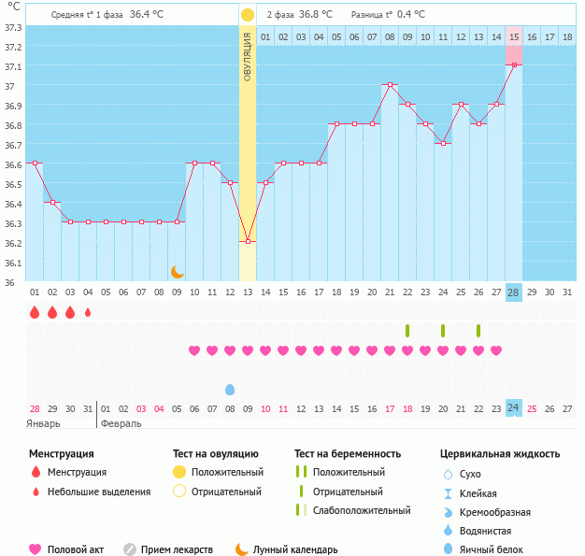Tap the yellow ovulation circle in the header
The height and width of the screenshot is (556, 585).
(x=247, y=15)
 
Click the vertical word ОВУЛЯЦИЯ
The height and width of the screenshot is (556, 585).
(x=247, y=55)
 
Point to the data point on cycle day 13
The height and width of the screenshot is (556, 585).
(x=248, y=241)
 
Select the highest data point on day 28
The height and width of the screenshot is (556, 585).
(x=514, y=64)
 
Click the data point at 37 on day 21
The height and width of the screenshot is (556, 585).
(x=390, y=84)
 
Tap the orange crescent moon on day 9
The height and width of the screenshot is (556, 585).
(x=177, y=271)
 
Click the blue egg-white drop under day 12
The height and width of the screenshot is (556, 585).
(x=230, y=389)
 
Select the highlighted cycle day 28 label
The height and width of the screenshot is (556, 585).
(x=514, y=292)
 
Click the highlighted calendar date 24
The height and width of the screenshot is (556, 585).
(x=513, y=407)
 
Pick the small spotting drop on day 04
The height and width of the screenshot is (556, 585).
(x=88, y=313)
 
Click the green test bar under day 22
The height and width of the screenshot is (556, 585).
(x=407, y=331)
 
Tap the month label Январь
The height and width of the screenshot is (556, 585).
(x=43, y=423)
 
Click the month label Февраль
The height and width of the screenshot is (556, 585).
(x=121, y=423)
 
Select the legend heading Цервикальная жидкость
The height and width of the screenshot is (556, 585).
(x=500, y=453)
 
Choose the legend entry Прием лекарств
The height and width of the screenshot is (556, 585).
(x=177, y=549)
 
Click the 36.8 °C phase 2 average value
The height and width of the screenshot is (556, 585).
(x=315, y=15)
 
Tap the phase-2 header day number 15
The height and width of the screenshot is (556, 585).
(x=514, y=36)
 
